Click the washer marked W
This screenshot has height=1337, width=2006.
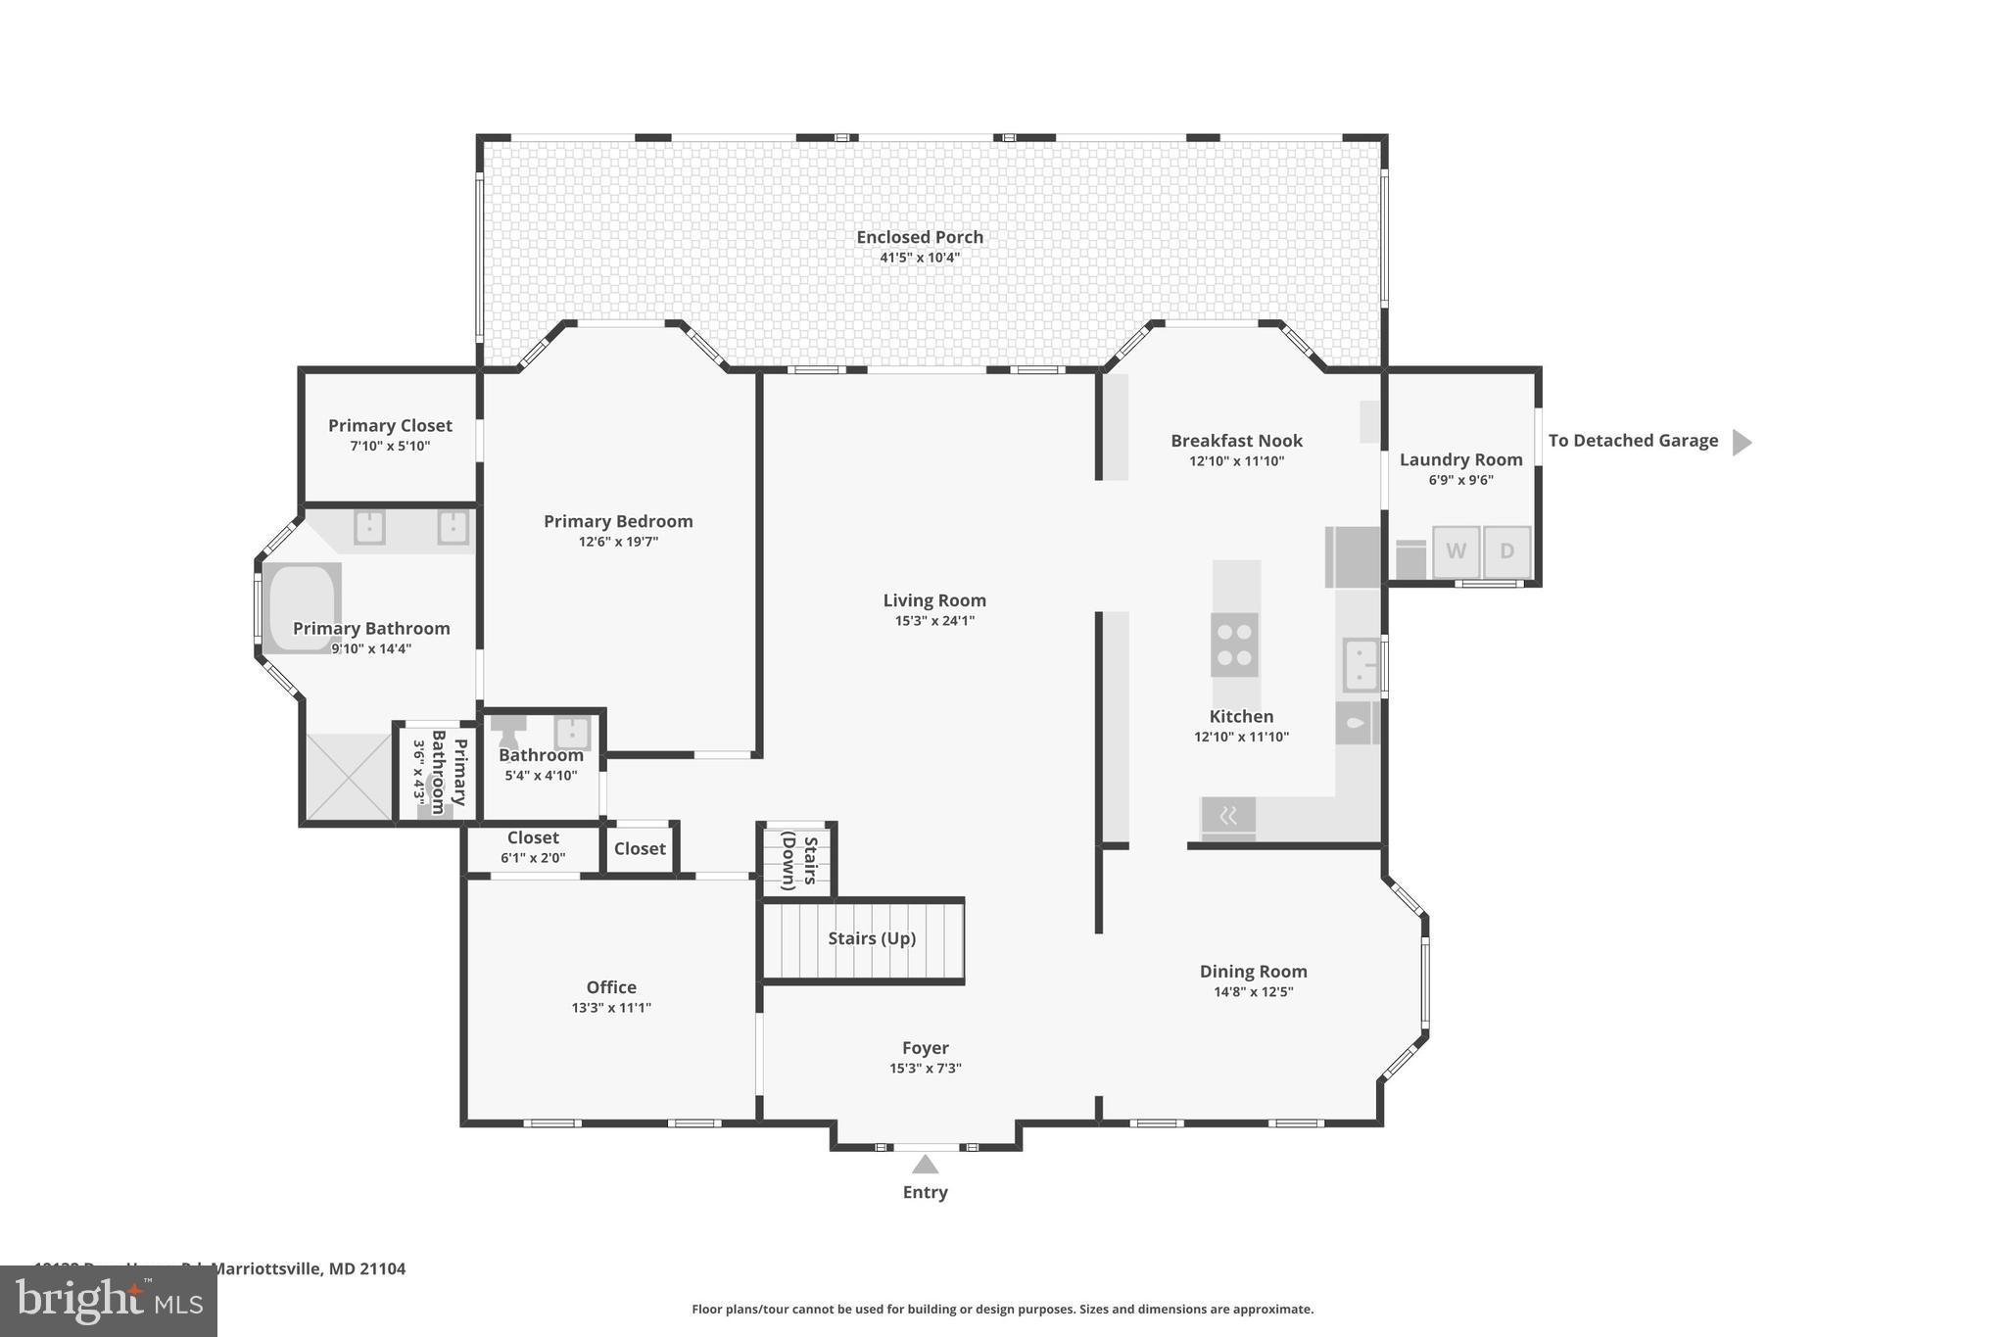1456,551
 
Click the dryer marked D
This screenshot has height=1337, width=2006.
1506,551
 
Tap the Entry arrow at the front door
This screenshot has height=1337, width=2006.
925,1165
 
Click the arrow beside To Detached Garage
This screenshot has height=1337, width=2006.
1741,442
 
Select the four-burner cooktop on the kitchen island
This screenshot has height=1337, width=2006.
1234,645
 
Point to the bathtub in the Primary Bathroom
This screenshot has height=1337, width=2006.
302,607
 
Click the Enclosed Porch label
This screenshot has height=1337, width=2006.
919,237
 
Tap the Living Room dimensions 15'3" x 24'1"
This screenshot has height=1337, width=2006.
933,621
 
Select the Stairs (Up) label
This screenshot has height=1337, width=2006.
871,938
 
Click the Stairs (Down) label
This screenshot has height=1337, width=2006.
798,861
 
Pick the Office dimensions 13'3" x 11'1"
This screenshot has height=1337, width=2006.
611,1008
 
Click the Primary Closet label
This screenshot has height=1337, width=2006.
390,425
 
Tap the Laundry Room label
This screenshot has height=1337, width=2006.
1460,459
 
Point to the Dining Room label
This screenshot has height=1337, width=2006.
1253,971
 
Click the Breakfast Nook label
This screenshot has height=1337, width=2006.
1236,441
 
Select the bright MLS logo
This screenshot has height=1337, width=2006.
109,1301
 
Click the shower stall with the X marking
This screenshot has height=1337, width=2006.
348,777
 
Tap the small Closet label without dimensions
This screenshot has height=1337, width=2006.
640,848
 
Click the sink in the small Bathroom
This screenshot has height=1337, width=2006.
572,733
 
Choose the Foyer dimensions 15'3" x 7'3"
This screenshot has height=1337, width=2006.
925,1069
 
